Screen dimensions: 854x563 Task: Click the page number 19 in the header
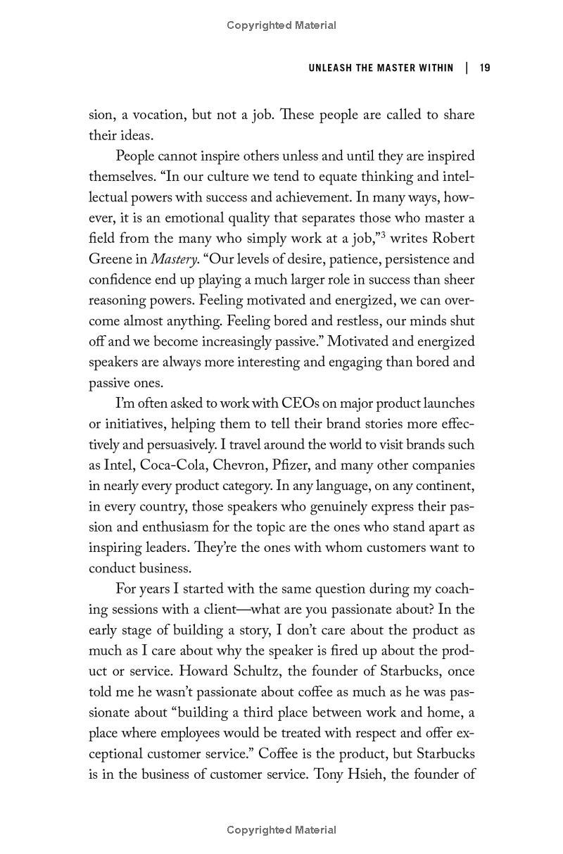(484, 68)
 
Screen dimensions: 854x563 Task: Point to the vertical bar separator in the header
(466, 68)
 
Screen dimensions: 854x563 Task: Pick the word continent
(445, 486)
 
